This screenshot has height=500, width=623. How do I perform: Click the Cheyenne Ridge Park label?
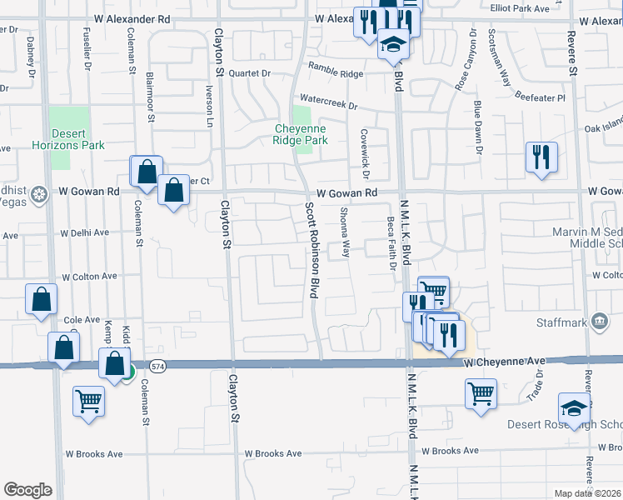coord(302,134)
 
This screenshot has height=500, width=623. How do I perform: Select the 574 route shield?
coord(158,367)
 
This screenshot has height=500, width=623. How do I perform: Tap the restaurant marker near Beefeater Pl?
coord(541,156)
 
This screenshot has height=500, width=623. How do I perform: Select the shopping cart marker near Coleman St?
coord(88,402)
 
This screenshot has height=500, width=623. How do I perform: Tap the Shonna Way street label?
coord(345,232)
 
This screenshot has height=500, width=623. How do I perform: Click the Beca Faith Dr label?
coord(390,244)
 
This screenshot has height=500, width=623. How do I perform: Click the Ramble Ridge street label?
coord(336,73)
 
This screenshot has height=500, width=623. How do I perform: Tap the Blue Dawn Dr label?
coord(478,127)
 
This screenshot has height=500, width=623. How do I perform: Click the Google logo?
coord(27,490)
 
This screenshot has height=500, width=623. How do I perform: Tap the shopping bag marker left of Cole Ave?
coord(42,298)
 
